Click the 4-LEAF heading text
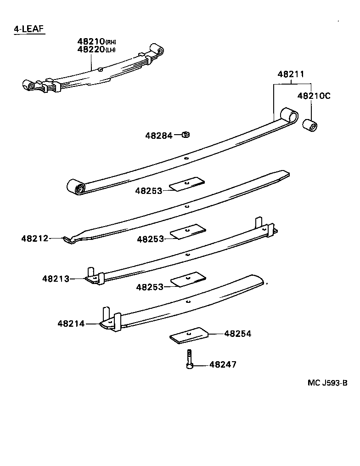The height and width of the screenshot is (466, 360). [28, 29]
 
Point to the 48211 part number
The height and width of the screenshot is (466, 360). [291, 74]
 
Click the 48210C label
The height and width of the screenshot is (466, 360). [314, 96]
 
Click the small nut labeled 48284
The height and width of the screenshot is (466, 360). [186, 135]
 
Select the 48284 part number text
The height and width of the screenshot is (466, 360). [159, 136]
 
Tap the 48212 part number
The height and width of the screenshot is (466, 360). [34, 238]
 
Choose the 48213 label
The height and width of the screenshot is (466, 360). [56, 278]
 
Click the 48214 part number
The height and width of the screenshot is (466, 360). [71, 324]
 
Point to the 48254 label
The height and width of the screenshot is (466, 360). [237, 334]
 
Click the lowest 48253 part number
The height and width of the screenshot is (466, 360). [150, 287]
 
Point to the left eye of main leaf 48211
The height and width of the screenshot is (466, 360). [76, 187]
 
